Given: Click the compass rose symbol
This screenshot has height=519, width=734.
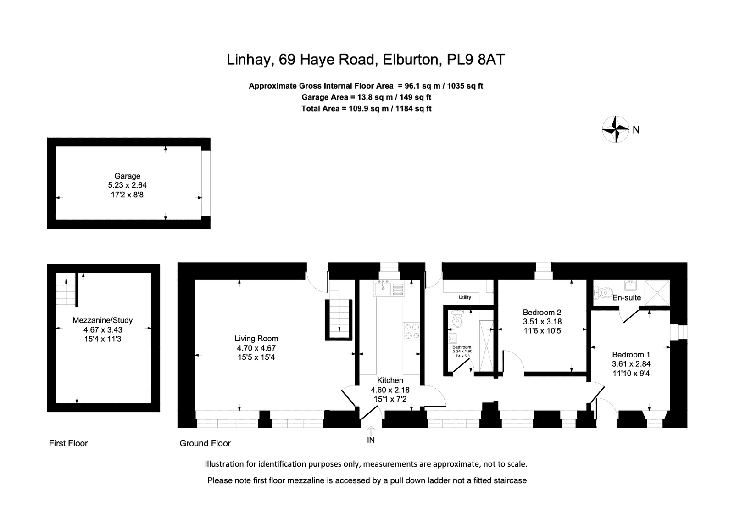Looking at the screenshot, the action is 616,129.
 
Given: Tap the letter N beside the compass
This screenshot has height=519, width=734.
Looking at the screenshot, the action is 636,130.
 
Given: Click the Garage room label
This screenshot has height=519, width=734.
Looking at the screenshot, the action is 127,176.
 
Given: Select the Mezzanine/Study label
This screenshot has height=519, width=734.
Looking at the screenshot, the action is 103,320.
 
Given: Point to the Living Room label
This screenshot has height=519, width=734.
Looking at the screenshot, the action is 256,339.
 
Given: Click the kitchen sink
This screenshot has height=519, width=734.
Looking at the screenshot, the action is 384,288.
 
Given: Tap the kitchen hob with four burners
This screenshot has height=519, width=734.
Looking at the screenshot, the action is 411,331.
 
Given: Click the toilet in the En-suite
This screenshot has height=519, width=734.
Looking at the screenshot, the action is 603,292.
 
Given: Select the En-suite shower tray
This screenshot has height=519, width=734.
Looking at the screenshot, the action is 656,293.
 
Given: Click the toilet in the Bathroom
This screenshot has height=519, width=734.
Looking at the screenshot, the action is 457,319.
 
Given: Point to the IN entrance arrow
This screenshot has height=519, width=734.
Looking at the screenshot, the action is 371,430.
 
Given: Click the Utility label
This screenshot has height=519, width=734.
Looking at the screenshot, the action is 465,297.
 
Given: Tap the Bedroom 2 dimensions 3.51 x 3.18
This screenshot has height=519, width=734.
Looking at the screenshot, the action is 542,322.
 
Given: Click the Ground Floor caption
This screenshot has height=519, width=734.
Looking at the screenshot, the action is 205,443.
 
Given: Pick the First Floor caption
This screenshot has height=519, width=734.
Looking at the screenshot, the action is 68,443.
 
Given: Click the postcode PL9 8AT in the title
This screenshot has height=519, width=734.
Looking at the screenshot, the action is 476,59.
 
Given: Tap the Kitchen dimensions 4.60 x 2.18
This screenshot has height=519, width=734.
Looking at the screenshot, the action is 390,390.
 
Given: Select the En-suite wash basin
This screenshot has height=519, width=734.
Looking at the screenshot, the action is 630,285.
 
